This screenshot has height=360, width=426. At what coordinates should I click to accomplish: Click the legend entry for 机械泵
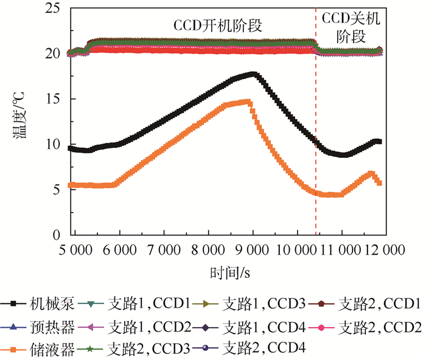coord(42,303)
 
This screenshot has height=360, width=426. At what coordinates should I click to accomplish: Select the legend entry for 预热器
coord(42,326)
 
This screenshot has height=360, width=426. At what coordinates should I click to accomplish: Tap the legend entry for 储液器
coord(42,348)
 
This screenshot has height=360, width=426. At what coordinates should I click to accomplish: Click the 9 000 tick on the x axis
coord(253,250)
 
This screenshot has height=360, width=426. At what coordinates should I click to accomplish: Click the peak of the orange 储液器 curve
coord(247,102)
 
